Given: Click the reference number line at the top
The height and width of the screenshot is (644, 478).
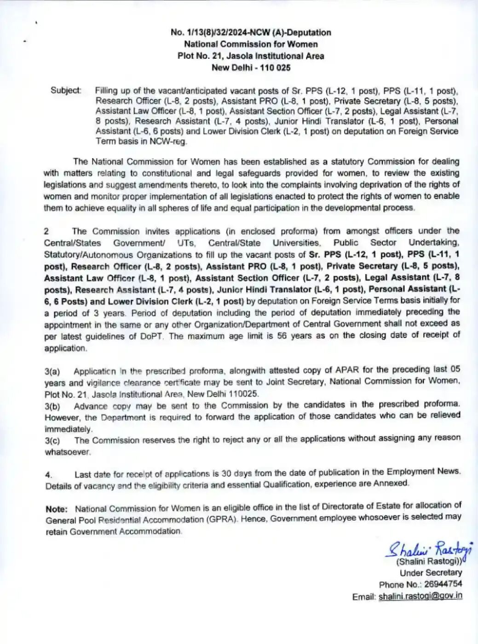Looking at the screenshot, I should (251, 33).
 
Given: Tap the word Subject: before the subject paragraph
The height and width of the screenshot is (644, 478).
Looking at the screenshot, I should (66, 91).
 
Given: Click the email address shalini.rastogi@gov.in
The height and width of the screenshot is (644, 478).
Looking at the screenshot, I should (420, 596).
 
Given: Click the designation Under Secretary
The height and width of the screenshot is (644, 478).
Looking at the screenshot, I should (431, 573).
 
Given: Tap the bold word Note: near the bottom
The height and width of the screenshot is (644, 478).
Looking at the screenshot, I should (57, 509).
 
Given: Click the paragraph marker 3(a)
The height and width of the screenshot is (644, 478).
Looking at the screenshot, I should (52, 371).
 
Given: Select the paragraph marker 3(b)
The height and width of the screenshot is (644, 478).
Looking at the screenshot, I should (52, 406).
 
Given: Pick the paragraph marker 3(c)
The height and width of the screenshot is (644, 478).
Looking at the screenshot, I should (52, 440).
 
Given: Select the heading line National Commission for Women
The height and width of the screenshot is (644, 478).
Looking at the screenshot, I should (251, 44).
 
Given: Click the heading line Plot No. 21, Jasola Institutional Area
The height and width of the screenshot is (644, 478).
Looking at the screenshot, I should (251, 56).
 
